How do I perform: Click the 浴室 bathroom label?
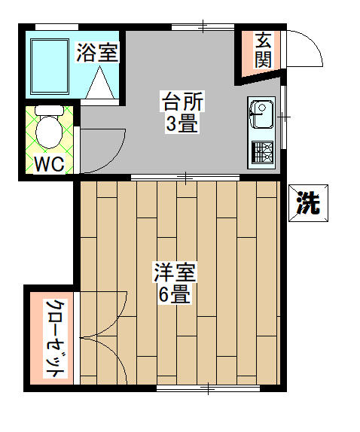[97, 52]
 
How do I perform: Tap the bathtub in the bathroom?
[50, 66]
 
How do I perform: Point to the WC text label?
[50, 164]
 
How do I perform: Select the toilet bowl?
[48, 132]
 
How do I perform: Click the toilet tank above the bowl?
[49, 111]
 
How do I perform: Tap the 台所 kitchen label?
[182, 102]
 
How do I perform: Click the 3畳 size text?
[182, 123]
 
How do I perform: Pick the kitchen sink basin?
[261, 114]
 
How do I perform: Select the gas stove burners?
[262, 152]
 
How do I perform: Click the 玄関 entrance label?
[263, 50]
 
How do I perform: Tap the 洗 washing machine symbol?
[309, 203]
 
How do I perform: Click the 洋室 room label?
[175, 272]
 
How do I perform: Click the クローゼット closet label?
[56, 339]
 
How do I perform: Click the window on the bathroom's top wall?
[56, 27]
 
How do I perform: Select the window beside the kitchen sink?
[283, 117]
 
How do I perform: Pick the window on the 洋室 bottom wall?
[208, 388]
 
